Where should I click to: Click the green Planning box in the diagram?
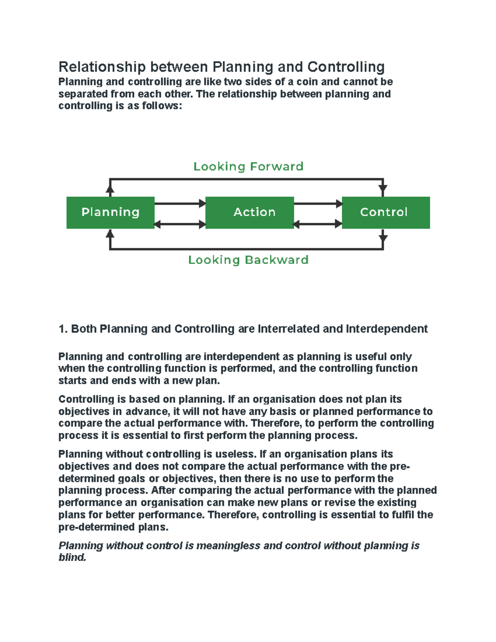coord(110,212)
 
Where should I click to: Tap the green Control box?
coord(386,212)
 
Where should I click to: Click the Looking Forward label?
coord(248,167)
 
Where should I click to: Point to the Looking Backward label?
coord(248,260)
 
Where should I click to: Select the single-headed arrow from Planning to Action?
coord(180,203)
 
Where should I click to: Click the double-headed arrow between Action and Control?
coord(318,224)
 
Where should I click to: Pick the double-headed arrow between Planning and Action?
coord(180,224)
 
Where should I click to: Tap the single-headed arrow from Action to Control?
coord(318,203)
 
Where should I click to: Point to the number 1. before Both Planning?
coord(63,329)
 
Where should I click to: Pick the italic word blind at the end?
coord(72,558)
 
